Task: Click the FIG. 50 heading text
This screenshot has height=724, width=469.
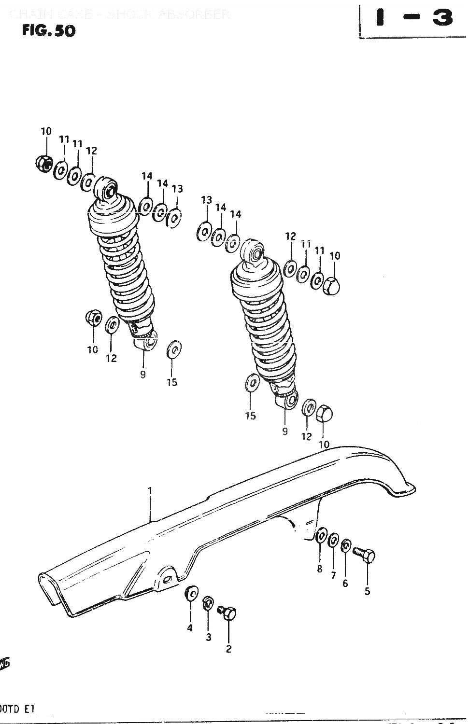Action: (48, 30)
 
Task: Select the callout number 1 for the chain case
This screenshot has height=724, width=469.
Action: (150, 491)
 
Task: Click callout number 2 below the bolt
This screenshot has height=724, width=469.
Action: (228, 649)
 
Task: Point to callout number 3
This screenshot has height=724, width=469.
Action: (208, 637)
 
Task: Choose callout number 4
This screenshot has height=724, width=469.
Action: (189, 628)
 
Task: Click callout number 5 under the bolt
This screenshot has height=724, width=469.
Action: (367, 591)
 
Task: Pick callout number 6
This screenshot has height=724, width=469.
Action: (345, 583)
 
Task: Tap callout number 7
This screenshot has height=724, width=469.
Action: (333, 575)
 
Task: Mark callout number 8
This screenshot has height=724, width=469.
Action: (319, 569)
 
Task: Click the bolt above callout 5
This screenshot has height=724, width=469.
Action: (364, 555)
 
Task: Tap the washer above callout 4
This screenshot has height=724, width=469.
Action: (191, 593)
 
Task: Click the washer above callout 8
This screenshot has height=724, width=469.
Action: (321, 536)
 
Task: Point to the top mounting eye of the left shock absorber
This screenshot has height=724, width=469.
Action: (107, 188)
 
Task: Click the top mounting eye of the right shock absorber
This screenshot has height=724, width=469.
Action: (253, 251)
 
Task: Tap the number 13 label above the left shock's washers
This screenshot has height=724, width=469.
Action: (177, 189)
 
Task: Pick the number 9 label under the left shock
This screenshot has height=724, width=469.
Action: (143, 374)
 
